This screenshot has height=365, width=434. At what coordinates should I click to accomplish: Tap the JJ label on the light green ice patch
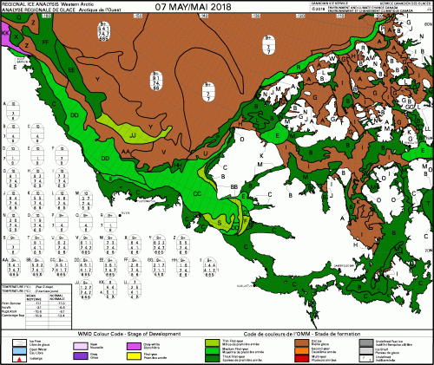pyautogui.click(x=132, y=136)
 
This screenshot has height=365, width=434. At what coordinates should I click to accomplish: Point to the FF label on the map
pyautogui.click(x=45, y=42)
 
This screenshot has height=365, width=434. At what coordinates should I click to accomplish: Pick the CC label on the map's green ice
pyautogui.click(x=197, y=192)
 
